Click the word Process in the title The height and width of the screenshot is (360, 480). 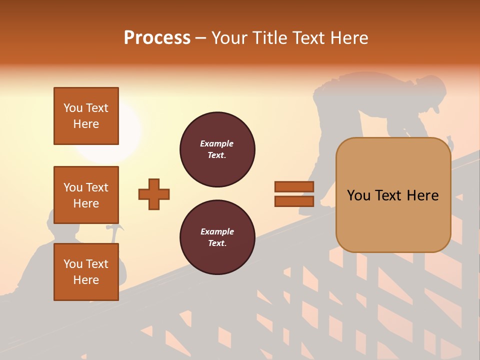157,38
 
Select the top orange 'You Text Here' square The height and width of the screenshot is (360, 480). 86,116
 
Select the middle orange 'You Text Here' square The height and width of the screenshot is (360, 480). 86,195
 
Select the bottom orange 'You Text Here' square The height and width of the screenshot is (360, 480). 86,272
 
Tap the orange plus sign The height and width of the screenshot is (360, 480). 154,194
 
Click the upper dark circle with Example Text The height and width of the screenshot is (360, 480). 217,149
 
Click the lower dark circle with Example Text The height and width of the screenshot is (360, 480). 217,237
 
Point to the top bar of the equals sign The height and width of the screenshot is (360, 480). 294,187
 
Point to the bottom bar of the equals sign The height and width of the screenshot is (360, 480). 294,201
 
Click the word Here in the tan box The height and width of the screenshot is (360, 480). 422,195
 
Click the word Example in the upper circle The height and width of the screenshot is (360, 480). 217,143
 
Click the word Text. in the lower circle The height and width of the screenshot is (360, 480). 217,243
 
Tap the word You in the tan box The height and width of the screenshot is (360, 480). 358,195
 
